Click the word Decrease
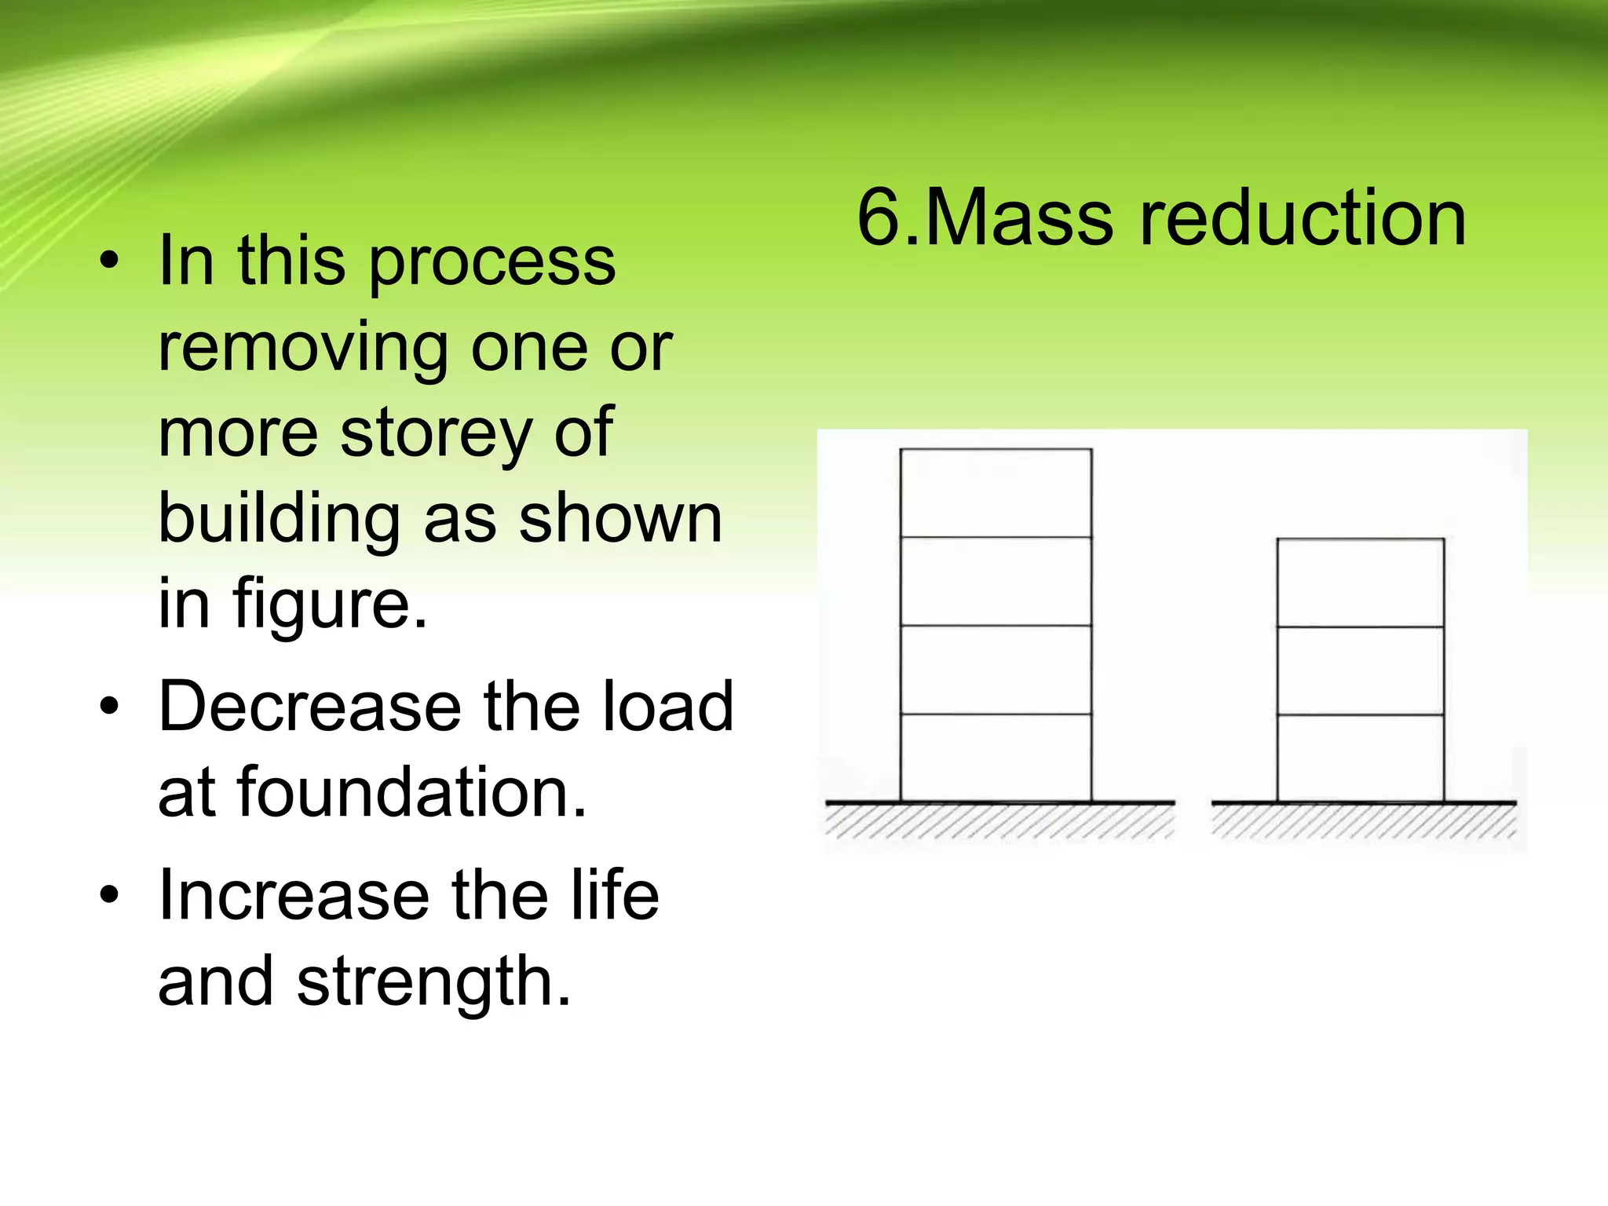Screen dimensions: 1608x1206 click(310, 706)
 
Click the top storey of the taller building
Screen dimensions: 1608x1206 click(996, 493)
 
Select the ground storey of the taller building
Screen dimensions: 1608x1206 click(996, 758)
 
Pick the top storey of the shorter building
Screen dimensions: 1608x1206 click(1361, 583)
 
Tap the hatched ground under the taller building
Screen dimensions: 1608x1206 click(1000, 820)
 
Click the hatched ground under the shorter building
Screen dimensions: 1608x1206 click(1364, 820)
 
